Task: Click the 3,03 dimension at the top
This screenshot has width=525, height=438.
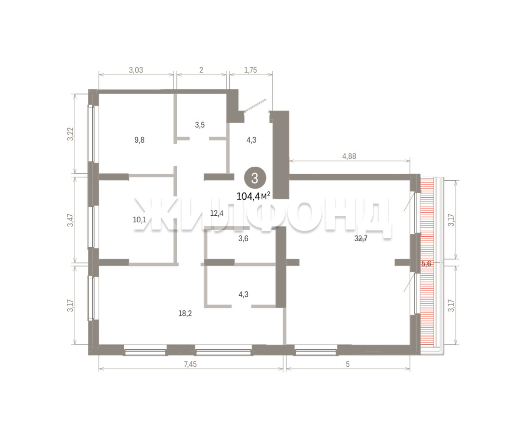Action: (x=136, y=70)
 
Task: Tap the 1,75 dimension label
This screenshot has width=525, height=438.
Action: (x=250, y=70)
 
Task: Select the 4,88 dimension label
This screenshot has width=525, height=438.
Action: (x=349, y=156)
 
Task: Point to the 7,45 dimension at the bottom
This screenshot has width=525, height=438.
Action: (x=190, y=364)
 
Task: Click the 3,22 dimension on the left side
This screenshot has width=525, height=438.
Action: (x=70, y=134)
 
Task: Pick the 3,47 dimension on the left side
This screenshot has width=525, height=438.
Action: (x=70, y=220)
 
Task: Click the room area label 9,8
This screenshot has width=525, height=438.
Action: (x=139, y=140)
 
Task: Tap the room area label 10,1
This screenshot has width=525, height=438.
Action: (x=139, y=220)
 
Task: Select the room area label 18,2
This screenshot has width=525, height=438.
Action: (x=185, y=313)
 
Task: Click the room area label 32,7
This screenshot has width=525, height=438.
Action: (x=361, y=238)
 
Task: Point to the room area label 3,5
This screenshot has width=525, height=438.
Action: (x=200, y=125)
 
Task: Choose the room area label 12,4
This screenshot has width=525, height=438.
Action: (x=217, y=213)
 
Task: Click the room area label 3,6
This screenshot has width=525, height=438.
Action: (x=243, y=238)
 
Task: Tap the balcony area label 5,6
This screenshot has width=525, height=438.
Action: (x=426, y=263)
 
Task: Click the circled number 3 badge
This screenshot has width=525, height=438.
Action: (x=255, y=178)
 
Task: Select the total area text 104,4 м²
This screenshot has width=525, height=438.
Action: (x=253, y=196)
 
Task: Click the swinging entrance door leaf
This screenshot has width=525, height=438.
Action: (x=255, y=105)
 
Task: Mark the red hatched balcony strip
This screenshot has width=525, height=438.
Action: (x=427, y=262)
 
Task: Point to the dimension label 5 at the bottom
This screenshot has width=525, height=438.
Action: (x=347, y=364)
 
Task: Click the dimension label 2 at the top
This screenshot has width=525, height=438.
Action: (x=201, y=70)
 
